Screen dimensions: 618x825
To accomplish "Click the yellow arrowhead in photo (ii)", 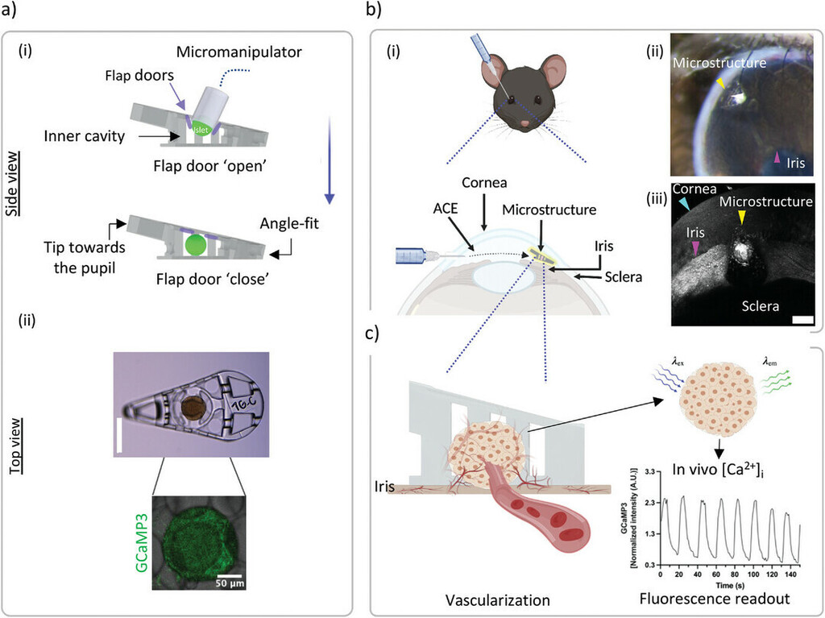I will [722, 83].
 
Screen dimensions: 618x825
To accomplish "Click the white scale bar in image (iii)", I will [802, 319].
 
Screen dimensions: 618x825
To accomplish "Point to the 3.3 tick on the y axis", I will [647, 479].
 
